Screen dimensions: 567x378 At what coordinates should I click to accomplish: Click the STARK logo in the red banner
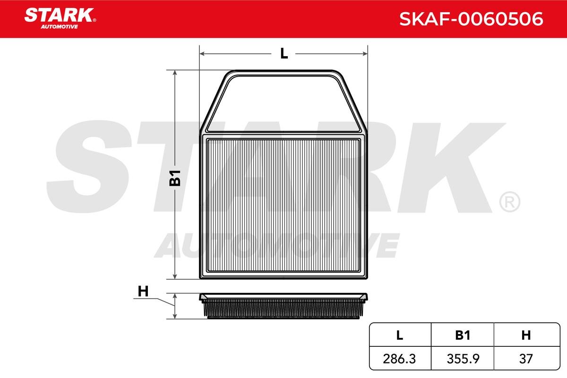pyautogui.click(x=60, y=18)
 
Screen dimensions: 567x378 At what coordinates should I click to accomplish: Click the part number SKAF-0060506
pyautogui.click(x=471, y=19)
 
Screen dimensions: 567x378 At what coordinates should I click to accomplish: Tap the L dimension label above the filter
pyautogui.click(x=284, y=54)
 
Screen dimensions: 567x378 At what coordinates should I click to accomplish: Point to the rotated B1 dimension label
pyautogui.click(x=175, y=178)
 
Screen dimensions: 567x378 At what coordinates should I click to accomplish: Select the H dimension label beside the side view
pyautogui.click(x=143, y=291)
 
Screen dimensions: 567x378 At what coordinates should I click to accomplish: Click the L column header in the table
pyautogui.click(x=400, y=335)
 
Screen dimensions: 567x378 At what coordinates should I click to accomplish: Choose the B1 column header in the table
pyautogui.click(x=463, y=335)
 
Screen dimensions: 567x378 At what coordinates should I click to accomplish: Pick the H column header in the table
pyautogui.click(x=526, y=335)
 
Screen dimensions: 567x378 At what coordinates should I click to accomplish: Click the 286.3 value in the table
pyautogui.click(x=399, y=359)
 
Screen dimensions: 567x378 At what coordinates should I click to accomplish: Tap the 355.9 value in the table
pyautogui.click(x=463, y=359)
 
